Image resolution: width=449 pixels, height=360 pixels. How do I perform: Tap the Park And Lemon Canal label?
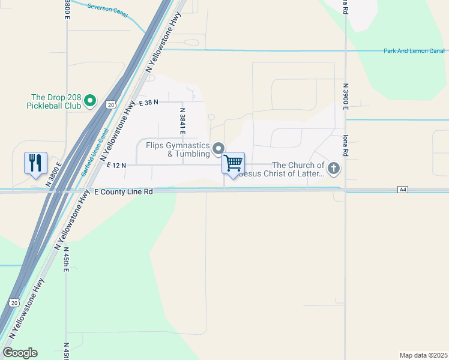click(414, 51)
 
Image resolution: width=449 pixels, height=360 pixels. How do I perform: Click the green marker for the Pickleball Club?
click(90, 101)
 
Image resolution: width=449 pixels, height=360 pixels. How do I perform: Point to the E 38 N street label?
click(148, 103)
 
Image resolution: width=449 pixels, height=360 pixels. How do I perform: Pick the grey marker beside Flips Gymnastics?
click(219, 148)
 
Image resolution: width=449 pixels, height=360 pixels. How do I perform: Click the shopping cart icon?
click(233, 163)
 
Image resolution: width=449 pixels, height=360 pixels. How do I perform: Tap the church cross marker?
click(333, 168)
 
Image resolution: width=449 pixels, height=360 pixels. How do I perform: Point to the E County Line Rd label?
click(124, 191)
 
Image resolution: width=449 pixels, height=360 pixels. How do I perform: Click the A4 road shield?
click(403, 190)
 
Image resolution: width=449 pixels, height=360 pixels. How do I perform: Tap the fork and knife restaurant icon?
click(35, 162)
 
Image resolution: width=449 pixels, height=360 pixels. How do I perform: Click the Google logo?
click(20, 353)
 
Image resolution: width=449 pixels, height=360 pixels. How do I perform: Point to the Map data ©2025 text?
click(423, 355)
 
